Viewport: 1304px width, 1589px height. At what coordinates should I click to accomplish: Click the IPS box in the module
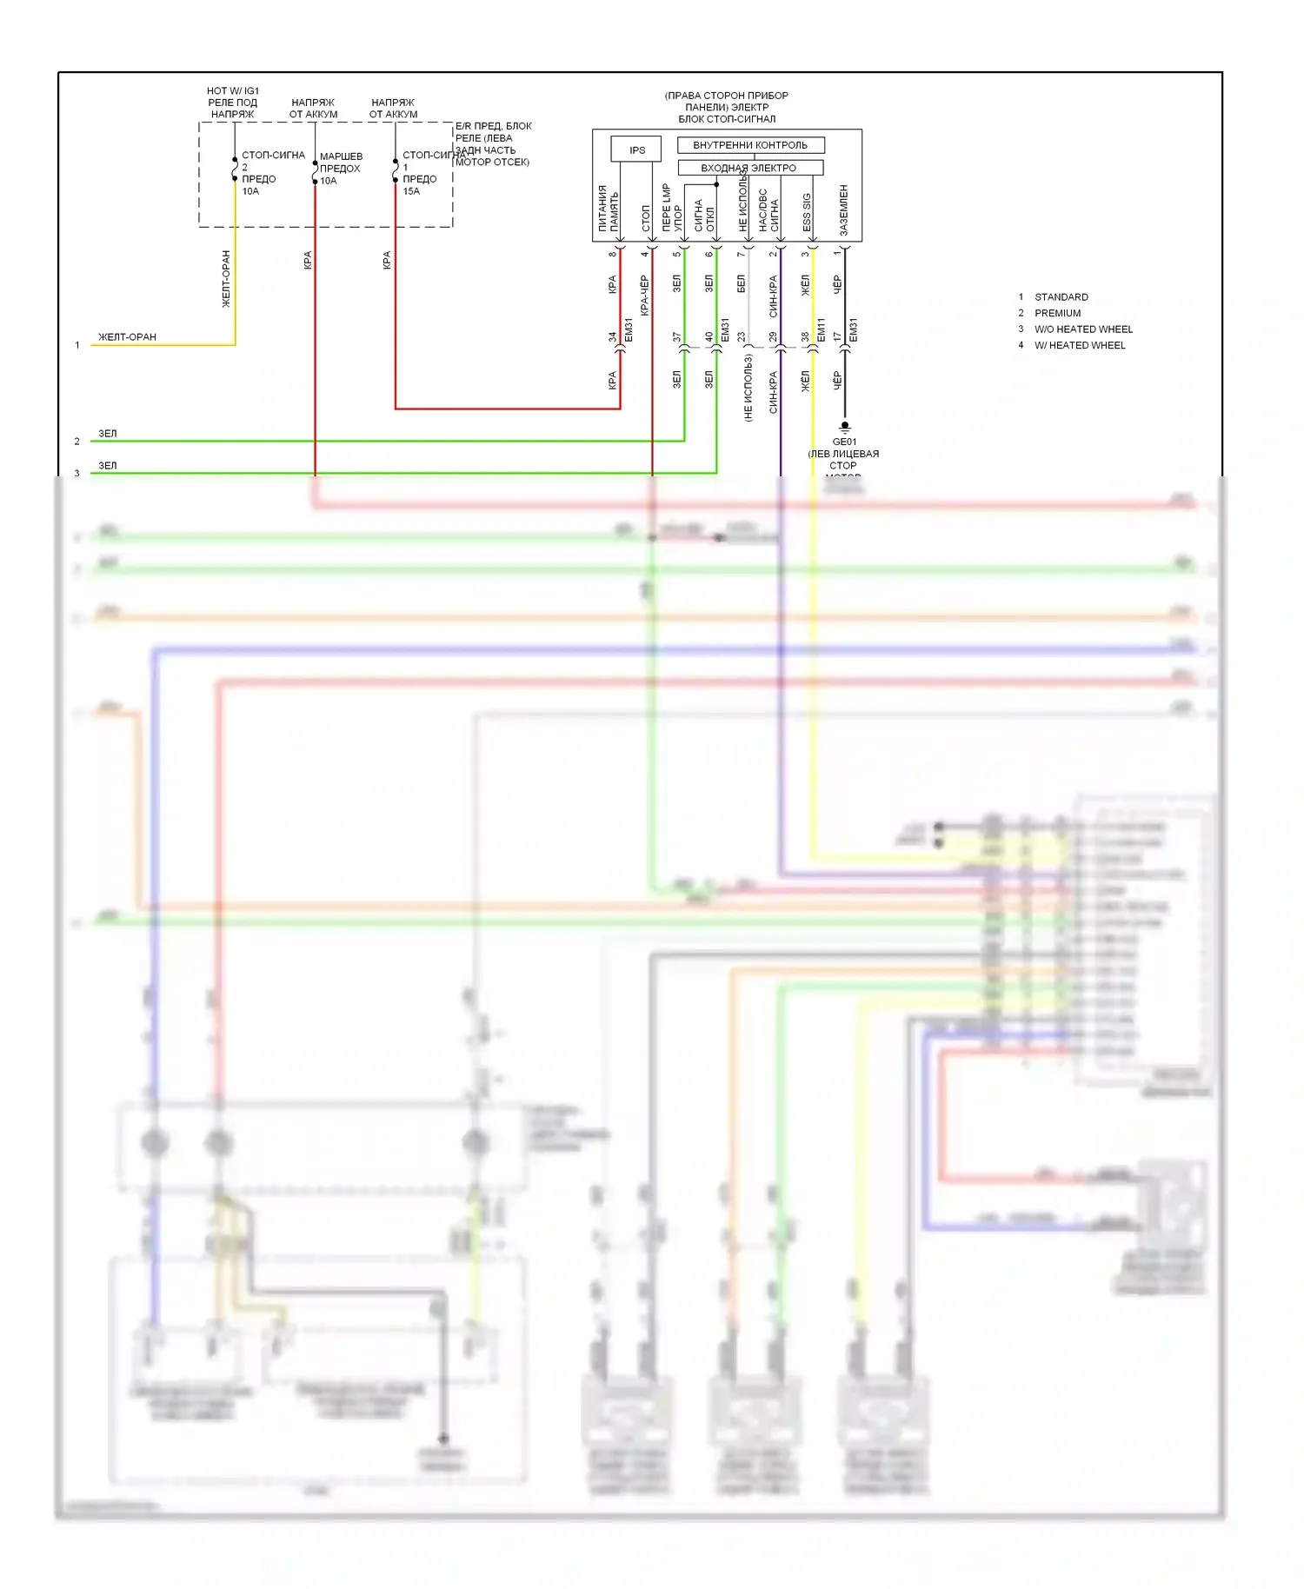636,150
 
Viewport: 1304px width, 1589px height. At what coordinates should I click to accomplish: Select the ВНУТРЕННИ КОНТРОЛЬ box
750,145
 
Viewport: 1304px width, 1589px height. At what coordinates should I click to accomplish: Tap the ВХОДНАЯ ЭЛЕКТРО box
748,168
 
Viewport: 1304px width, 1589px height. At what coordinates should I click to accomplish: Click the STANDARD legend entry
1061,297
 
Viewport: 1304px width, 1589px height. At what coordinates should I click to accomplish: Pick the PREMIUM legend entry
1057,313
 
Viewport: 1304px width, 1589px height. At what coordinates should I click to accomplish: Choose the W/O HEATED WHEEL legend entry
1083,329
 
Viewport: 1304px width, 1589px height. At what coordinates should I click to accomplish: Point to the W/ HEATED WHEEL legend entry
1080,345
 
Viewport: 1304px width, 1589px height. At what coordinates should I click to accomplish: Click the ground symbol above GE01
844,427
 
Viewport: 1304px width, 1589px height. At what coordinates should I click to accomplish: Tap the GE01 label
844,442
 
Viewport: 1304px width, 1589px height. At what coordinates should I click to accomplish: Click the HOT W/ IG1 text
233,90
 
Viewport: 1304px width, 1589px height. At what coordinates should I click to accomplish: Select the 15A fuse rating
411,191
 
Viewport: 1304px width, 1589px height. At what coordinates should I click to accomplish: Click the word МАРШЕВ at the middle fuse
341,156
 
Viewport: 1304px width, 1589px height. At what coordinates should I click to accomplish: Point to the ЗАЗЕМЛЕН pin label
843,209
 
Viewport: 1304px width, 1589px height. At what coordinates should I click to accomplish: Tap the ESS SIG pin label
807,212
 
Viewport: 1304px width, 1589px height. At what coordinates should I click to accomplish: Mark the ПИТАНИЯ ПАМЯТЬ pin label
608,208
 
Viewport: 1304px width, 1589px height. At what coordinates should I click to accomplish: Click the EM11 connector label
822,329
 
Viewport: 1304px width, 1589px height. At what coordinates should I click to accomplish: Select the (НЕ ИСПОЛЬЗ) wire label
748,388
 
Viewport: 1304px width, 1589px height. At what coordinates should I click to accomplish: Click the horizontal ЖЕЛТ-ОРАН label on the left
127,337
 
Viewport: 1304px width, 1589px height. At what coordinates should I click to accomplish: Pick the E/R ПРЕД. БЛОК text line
493,126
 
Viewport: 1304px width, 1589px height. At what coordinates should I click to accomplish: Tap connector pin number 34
612,336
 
